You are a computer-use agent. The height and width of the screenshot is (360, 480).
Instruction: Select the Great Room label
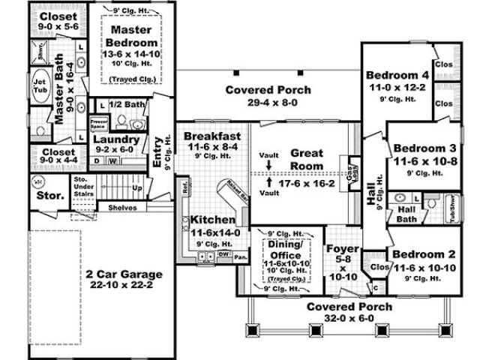coord(307,159)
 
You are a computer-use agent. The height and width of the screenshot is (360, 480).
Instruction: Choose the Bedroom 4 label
coord(397,75)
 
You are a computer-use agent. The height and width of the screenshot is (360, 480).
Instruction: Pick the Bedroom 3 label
coord(425,148)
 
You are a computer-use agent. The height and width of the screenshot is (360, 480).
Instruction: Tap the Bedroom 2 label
coord(425,255)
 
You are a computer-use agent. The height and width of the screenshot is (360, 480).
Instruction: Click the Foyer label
coord(343,250)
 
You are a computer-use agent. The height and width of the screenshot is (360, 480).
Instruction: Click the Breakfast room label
coord(212,136)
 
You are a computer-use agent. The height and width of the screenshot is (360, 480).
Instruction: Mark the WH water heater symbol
coord(37,181)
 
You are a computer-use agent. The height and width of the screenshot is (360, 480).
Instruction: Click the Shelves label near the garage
coord(122,207)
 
